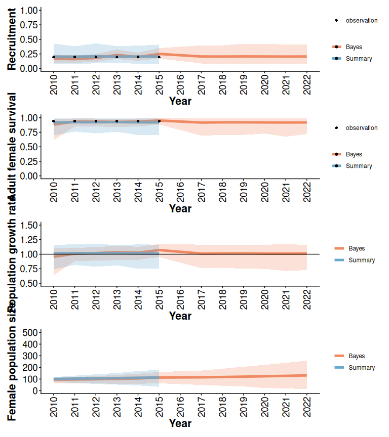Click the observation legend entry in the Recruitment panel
[x=361, y=21]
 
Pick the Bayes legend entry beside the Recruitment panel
[x=354, y=47]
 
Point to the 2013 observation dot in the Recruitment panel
[x=117, y=57]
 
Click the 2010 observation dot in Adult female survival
[x=54, y=121]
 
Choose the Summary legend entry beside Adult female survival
[x=359, y=166]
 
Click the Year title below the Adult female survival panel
[x=180, y=208]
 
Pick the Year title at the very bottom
[x=180, y=423]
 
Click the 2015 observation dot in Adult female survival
[x=159, y=121]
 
